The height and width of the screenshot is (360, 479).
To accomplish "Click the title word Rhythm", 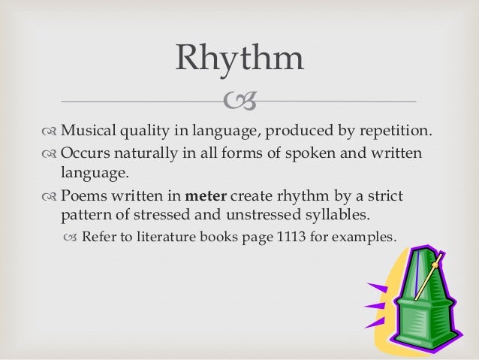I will point(239,59).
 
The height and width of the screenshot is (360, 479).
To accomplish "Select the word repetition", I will point(393,133).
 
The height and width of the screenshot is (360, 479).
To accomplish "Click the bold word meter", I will point(206,196).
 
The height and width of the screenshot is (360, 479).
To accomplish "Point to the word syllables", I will point(337,216).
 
